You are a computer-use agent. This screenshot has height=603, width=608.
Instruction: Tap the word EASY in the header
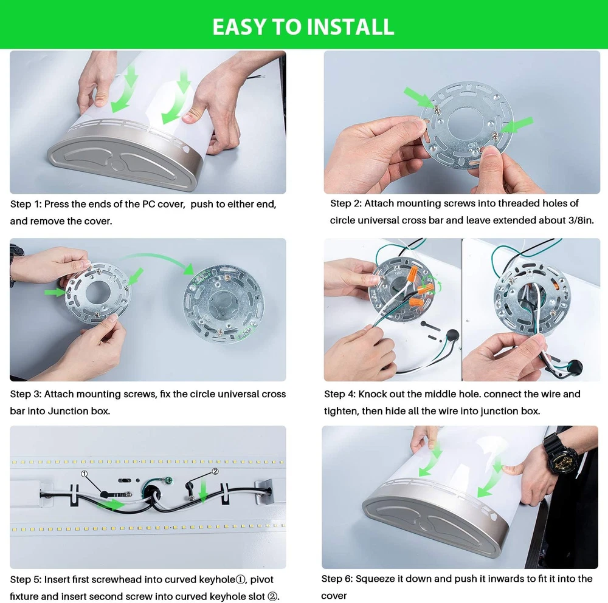tap(240, 27)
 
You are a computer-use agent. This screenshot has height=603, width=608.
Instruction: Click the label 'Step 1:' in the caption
tap(26, 204)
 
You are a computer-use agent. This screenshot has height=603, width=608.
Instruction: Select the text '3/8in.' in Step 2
tap(581, 220)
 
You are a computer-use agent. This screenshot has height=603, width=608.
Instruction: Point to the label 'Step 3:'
tap(26, 394)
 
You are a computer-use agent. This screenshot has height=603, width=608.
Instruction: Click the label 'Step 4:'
tap(340, 394)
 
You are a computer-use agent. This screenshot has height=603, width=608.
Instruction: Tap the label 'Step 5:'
tap(26, 579)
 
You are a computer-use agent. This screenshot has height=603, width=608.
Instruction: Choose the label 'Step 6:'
tap(337, 579)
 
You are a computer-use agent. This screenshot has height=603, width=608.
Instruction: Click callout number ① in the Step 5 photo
tap(84, 474)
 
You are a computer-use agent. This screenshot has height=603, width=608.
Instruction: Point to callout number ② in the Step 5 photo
tap(215, 471)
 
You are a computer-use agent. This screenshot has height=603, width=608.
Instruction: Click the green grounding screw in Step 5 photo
tap(168, 480)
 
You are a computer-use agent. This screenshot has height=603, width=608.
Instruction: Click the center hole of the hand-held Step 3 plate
tap(97, 293)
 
